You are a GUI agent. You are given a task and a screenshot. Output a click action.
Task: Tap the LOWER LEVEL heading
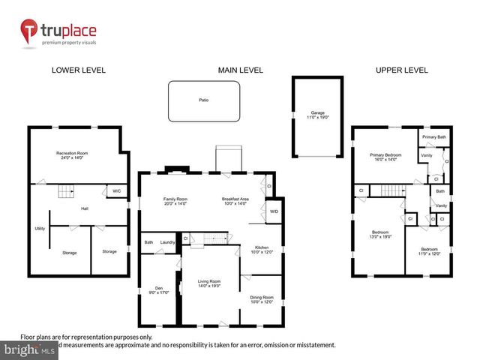[x=78, y=70]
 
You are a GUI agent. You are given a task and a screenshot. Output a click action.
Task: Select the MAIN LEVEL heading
[x=240, y=70]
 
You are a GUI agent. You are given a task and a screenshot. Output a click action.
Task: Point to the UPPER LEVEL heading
[x=401, y=70]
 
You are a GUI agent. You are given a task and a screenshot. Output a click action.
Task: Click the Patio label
[x=203, y=99]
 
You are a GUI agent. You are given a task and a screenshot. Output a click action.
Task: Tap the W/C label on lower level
[x=116, y=190]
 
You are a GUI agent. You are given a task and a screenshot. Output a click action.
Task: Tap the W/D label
[x=274, y=211]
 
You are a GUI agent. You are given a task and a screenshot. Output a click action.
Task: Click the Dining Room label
[x=262, y=299]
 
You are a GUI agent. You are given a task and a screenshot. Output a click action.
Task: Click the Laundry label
[x=168, y=242]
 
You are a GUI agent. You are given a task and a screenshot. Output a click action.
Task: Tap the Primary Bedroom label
[x=385, y=157]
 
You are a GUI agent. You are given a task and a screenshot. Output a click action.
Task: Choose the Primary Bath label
[x=433, y=137]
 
